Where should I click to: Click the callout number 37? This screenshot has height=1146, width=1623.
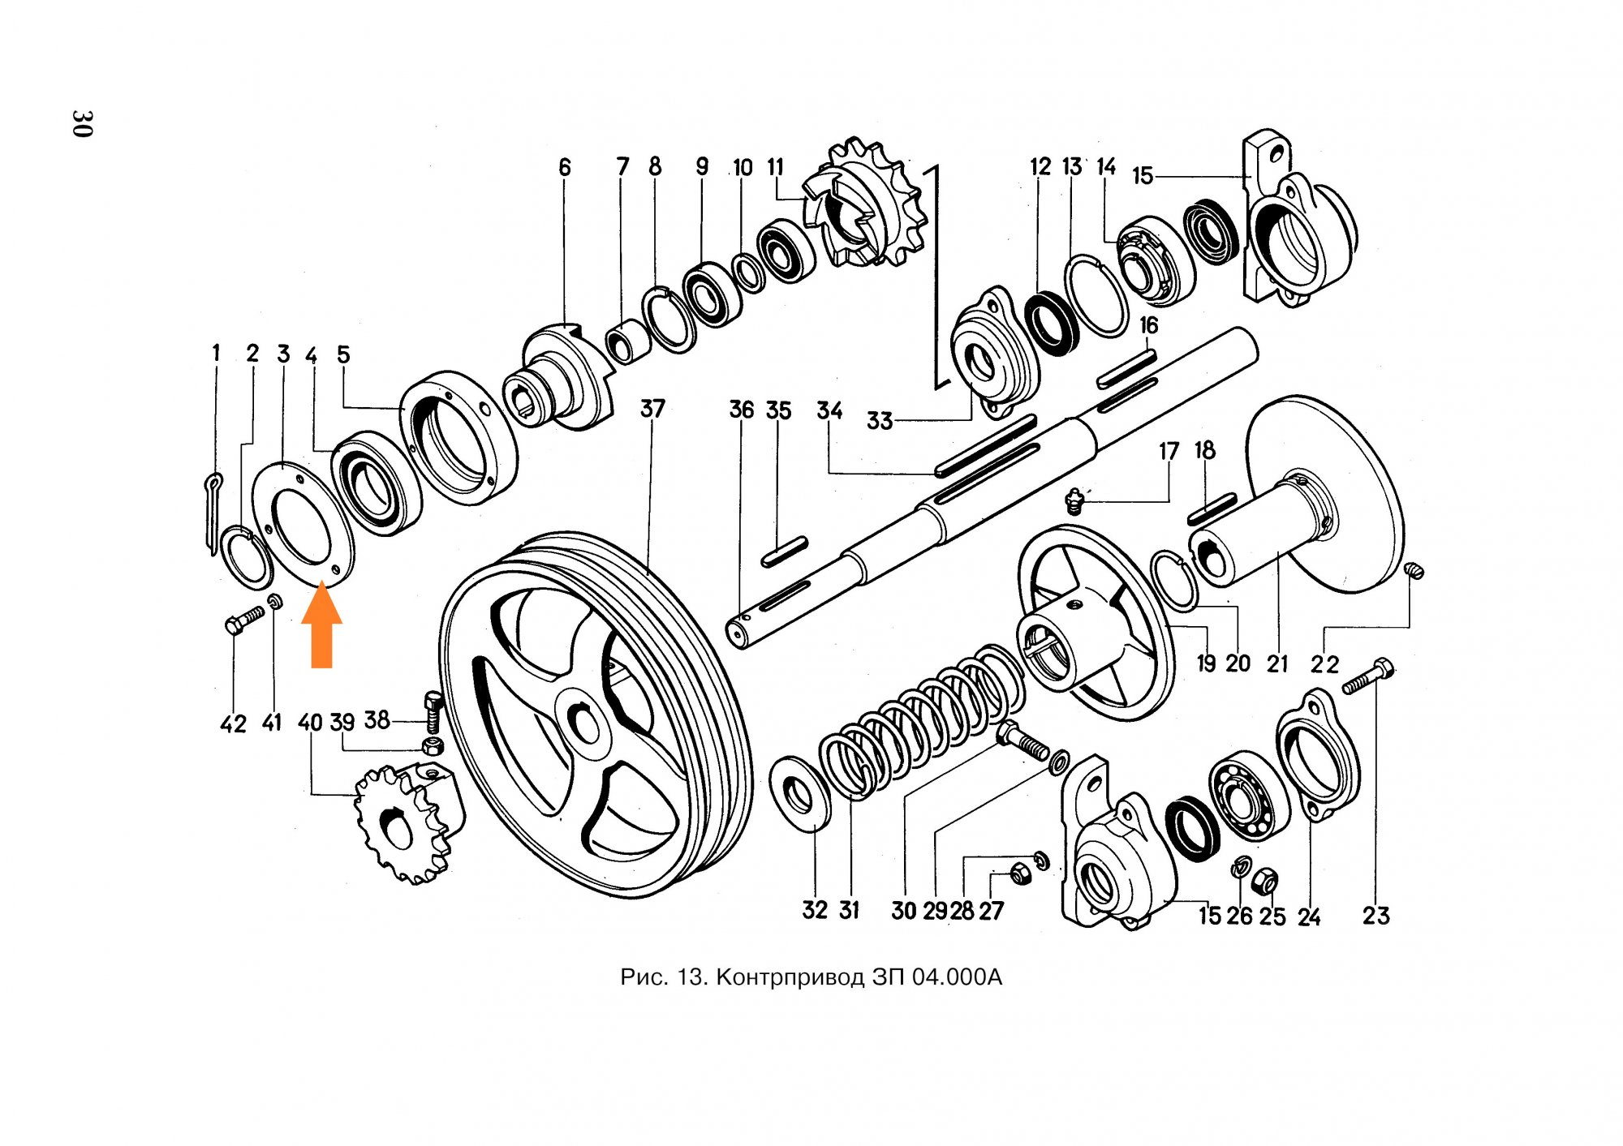pyautogui.click(x=652, y=409)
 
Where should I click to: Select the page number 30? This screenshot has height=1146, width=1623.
pyautogui.click(x=82, y=123)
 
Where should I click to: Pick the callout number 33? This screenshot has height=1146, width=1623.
pyautogui.click(x=879, y=421)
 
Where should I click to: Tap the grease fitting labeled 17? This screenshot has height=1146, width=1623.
pyautogui.click(x=1074, y=500)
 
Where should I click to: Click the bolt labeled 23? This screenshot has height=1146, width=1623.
pyautogui.click(x=1369, y=677)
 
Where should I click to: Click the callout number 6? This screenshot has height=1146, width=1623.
pyautogui.click(x=565, y=168)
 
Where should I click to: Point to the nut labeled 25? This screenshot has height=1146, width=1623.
pyautogui.click(x=1265, y=880)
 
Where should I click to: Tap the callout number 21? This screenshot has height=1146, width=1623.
pyautogui.click(x=1277, y=664)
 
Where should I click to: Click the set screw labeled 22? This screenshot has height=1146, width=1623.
pyautogui.click(x=1413, y=571)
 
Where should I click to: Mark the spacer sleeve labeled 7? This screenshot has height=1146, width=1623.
pyautogui.click(x=628, y=342)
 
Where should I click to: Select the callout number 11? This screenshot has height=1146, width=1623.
pyautogui.click(x=776, y=168)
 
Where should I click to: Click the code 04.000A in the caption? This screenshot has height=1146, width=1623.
pyautogui.click(x=957, y=977)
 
